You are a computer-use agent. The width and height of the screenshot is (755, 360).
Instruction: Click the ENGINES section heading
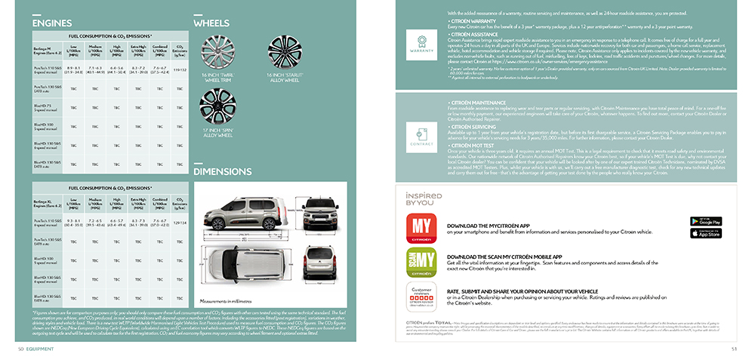[x=52, y=23]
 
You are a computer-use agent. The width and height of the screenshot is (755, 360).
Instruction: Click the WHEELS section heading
[x=211, y=23]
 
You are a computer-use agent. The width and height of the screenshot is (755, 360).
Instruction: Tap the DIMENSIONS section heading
[x=222, y=171]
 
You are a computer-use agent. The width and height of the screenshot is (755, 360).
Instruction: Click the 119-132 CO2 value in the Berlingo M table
[x=180, y=69]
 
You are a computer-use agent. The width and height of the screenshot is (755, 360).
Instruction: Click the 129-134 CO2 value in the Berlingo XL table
[x=180, y=223]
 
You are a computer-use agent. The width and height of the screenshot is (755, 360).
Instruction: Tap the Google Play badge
[x=706, y=221]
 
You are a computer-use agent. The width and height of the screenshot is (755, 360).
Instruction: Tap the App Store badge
[x=706, y=233]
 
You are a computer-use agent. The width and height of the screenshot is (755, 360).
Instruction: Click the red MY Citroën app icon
[x=421, y=228]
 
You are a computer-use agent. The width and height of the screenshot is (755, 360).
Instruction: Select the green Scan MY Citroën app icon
[x=421, y=262]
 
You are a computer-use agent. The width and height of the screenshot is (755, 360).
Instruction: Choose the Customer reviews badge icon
[x=421, y=296]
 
